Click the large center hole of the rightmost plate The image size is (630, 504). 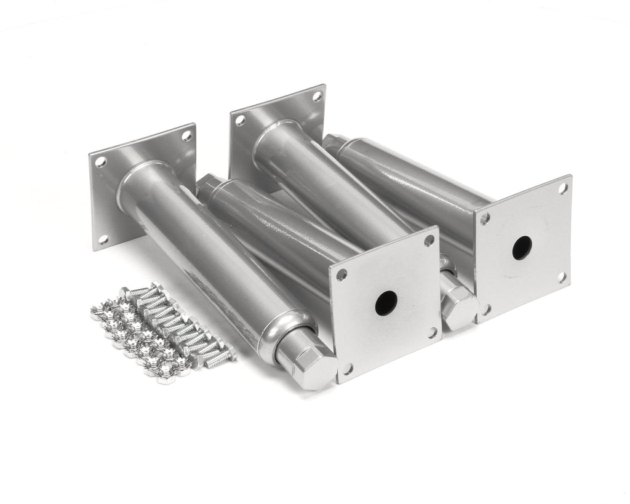[x=522, y=247]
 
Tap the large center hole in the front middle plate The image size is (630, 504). [x=386, y=303]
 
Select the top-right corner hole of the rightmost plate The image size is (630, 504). [x=563, y=189]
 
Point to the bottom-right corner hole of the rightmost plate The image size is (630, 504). [x=562, y=277]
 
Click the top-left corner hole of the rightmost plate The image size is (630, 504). [x=485, y=218]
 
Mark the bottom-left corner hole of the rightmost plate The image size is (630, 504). [x=485, y=309]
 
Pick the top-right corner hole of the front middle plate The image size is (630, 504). [x=429, y=241]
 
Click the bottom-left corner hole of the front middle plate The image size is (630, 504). [x=347, y=369]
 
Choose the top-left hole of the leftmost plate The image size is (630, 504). [x=100, y=162]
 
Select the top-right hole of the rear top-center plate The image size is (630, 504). [x=317, y=97]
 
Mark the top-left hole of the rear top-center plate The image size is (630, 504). [x=240, y=121]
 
